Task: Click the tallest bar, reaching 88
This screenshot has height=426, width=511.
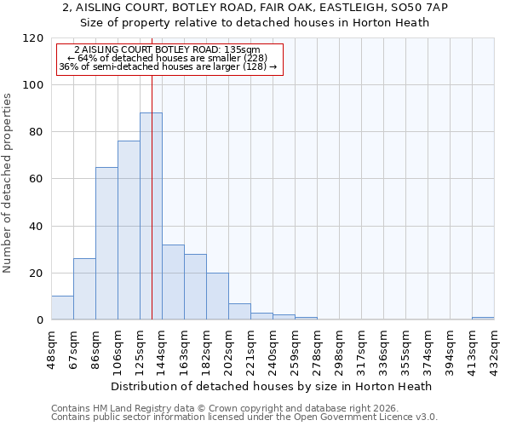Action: point(151,216)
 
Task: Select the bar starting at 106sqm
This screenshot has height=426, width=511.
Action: point(129,230)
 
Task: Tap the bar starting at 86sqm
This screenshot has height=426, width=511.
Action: point(106,243)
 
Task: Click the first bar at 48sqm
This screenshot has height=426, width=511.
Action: point(62,308)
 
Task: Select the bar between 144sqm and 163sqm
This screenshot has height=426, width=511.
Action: point(173,282)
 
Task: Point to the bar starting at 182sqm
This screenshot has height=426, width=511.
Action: point(217,296)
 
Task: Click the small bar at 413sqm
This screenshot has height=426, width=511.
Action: point(483,318)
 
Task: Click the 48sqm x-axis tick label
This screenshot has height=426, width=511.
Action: point(51,347)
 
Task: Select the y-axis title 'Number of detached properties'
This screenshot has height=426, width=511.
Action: point(8,183)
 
